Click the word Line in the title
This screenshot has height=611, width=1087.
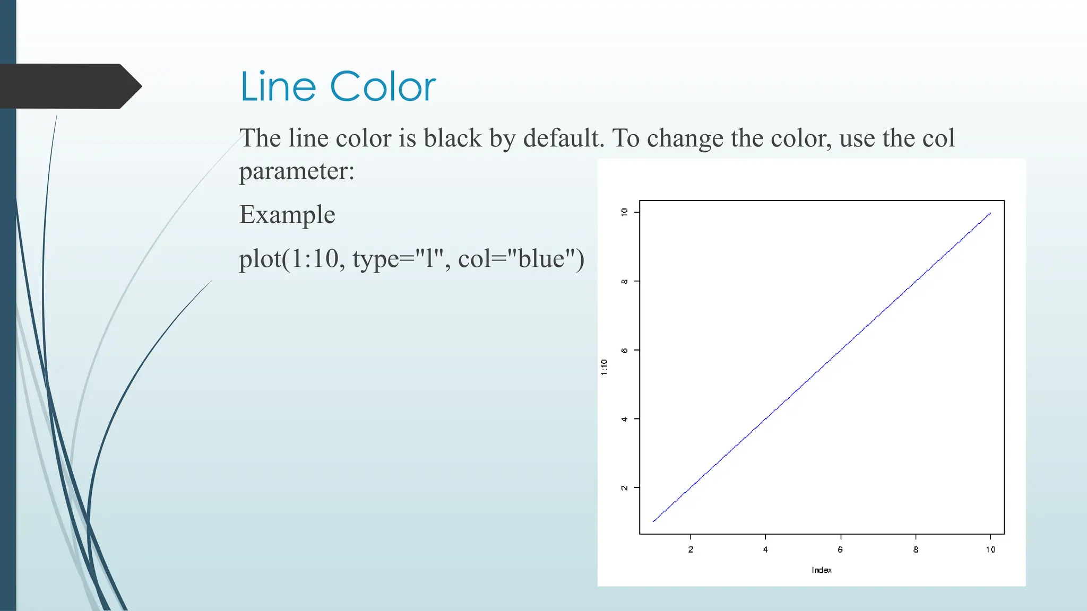(278, 86)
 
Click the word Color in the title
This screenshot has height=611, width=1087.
(383, 86)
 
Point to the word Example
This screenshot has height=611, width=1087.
(287, 215)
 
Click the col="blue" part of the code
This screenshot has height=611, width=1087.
(521, 259)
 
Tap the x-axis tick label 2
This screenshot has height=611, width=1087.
(691, 549)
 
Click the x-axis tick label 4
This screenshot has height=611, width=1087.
(765, 549)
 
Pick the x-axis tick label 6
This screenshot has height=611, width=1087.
(840, 549)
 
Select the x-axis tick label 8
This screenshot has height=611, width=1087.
(916, 549)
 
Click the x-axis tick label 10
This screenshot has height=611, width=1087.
(990, 549)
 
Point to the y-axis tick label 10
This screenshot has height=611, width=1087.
(625, 212)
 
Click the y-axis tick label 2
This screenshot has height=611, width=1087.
(625, 487)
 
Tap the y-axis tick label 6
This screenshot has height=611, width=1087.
(625, 350)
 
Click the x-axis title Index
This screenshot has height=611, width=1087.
(822, 570)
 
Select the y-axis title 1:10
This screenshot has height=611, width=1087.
(604, 367)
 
